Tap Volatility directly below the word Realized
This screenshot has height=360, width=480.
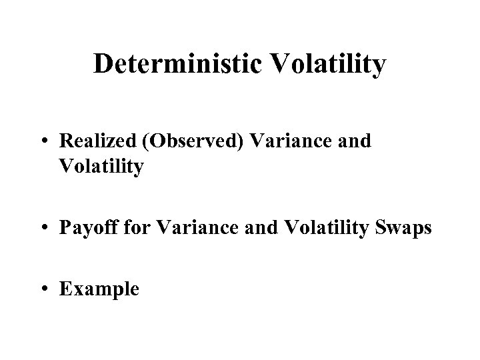click(x=101, y=167)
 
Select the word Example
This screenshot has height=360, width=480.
click(x=99, y=289)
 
